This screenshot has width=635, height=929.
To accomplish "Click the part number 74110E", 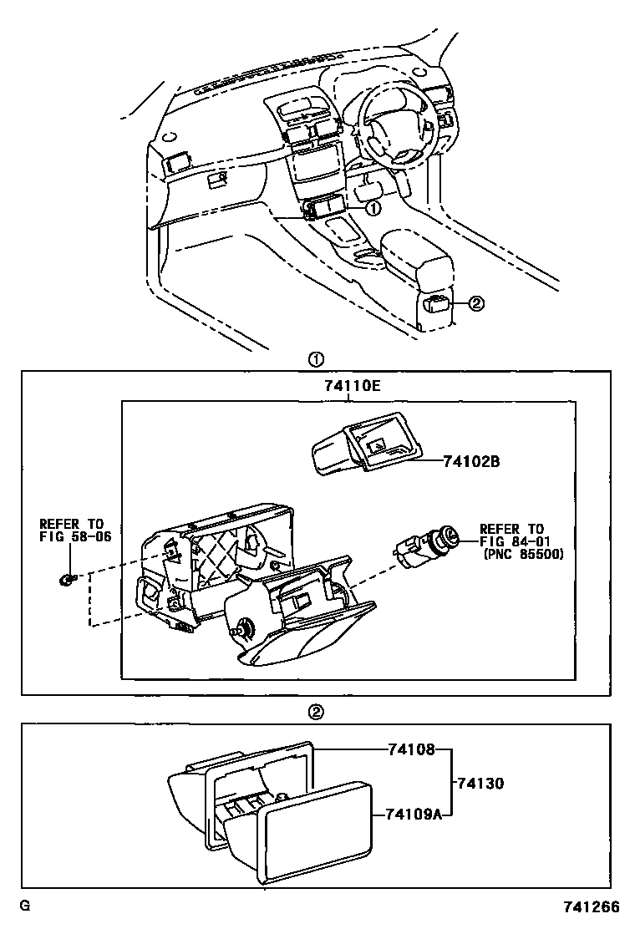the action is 352,386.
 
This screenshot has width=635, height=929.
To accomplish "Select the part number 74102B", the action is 471,461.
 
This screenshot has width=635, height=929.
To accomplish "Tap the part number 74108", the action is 412,749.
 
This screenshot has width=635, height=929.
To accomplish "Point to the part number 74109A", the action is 414,815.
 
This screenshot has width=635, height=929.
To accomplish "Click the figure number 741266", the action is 591,907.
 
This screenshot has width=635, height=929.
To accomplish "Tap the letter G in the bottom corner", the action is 24,906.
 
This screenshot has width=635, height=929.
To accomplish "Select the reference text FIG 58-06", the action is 75,537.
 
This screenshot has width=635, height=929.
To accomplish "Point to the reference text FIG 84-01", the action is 515,541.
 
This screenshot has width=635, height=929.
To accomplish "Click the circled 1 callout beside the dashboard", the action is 374,208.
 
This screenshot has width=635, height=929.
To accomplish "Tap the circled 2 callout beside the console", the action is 477,303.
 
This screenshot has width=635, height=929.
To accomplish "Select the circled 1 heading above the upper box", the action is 317,359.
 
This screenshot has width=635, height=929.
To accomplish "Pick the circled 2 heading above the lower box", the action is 317,712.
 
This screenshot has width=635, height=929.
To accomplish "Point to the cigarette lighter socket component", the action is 425,547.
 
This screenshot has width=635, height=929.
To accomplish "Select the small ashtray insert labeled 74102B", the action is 368,442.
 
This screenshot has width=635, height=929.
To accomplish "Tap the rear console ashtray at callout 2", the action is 434,305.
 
